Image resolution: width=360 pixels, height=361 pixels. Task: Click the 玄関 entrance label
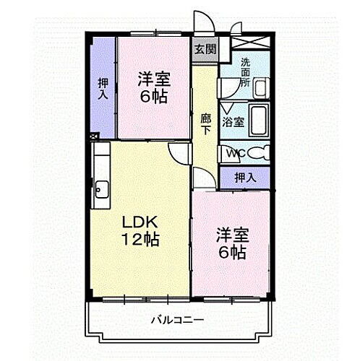coord(205,49)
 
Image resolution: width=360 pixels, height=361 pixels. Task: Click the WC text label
coord(236,153)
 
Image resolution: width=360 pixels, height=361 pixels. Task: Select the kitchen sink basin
coord(102,190)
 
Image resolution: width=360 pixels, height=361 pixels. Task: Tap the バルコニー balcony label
coord(176,318)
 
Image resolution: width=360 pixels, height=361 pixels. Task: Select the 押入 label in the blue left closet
coord(103,87)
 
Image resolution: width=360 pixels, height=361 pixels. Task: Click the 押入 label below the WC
coord(246,177)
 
